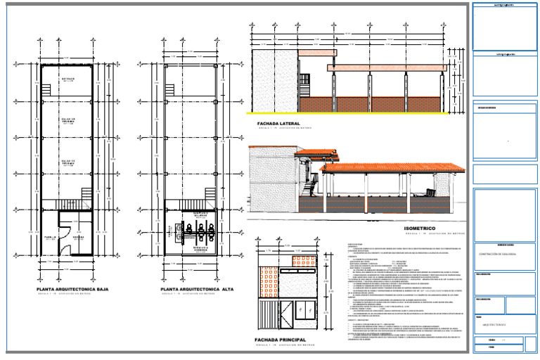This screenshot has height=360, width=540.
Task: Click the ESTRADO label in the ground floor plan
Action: pos(67,79)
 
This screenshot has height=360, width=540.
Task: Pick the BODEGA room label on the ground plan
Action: pos(79,238)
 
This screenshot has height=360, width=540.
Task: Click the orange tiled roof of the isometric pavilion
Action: pos(390,169)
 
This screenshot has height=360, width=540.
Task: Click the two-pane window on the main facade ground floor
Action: pos(306,309)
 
